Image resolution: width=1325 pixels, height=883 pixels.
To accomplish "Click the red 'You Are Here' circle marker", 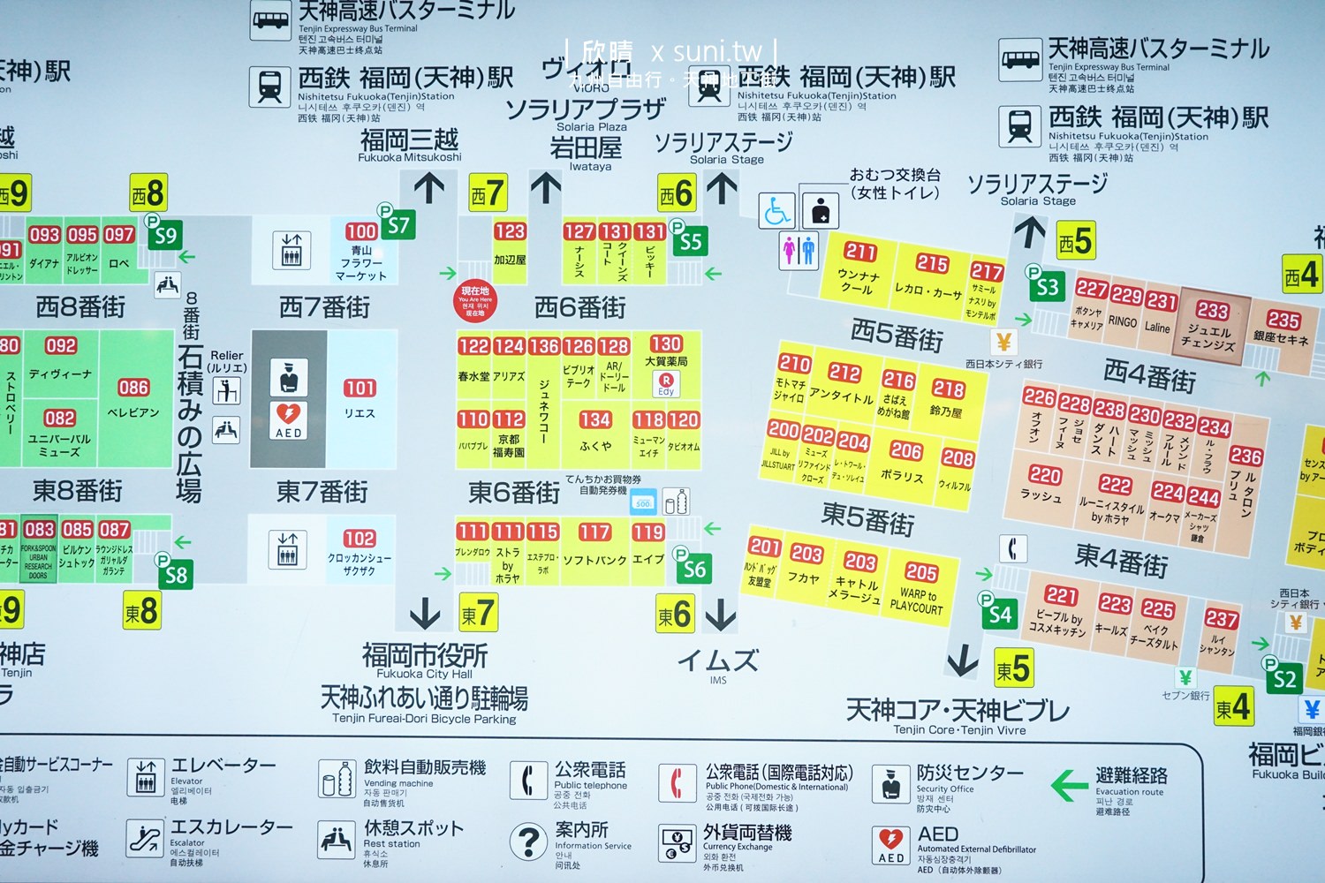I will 475,301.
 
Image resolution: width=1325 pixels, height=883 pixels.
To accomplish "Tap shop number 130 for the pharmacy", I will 665,343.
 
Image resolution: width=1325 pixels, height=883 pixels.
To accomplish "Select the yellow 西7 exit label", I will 487,193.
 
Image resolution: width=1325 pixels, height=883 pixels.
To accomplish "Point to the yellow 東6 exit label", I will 675,614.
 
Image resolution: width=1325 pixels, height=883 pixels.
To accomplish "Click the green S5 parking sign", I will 691,241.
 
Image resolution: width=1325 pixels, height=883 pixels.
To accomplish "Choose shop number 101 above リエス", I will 360,388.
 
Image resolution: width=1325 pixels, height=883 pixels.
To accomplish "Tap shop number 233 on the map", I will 1212,310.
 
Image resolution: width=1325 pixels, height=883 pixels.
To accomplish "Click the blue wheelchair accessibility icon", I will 776,211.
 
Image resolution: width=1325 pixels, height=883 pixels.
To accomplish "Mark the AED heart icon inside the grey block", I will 289,414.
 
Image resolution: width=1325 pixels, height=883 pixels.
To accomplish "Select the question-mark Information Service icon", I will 529,841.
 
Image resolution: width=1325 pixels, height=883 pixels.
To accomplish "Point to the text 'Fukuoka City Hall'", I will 425,674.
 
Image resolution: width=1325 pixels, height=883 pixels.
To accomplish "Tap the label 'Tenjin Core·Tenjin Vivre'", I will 959,729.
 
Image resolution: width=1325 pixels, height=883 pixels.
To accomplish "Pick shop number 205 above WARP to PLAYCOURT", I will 921,571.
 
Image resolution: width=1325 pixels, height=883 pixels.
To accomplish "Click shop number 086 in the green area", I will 133,388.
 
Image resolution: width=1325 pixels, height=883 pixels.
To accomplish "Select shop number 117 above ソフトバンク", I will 594,532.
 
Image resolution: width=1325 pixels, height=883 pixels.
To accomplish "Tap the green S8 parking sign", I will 176,575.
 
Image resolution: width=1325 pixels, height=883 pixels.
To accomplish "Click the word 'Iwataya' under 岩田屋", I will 590,166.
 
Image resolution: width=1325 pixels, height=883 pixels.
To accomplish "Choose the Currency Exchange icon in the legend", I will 678,842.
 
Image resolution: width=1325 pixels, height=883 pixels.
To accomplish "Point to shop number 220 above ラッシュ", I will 1044,475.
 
